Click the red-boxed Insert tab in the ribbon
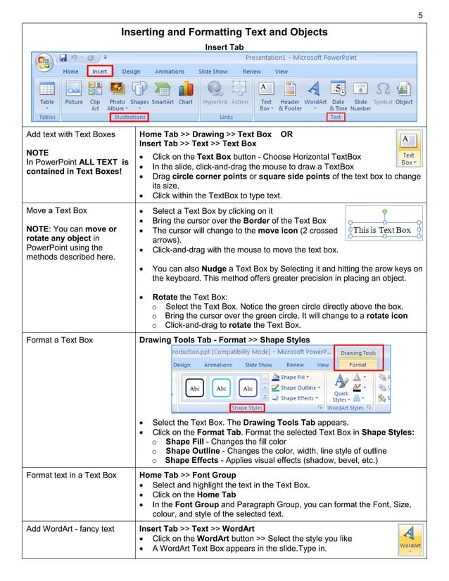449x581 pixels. pyautogui.click(x=99, y=71)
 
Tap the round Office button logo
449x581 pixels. pyautogui.click(x=44, y=61)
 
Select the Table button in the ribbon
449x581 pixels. pyautogui.click(x=46, y=94)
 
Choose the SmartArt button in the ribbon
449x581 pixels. pyautogui.click(x=163, y=94)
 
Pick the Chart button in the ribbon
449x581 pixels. pyautogui.click(x=185, y=94)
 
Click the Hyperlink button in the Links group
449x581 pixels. pyautogui.click(x=215, y=94)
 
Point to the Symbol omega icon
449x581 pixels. pyautogui.click(x=383, y=94)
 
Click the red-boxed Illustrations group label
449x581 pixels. pyautogui.click(x=130, y=117)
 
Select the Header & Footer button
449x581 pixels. pyautogui.click(x=290, y=94)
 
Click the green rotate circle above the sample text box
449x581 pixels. pyautogui.click(x=384, y=210)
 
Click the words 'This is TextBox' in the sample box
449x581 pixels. pyautogui.click(x=382, y=230)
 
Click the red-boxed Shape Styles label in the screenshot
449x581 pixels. pyautogui.click(x=247, y=407)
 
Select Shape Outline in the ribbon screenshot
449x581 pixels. pyautogui.click(x=298, y=388)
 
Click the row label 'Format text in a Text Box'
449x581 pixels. pyautogui.click(x=71, y=475)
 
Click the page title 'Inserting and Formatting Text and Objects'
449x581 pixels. pyautogui.click(x=224, y=32)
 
